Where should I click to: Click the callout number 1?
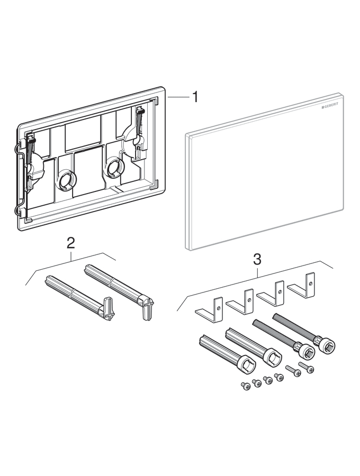point(195,97)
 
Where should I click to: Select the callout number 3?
point(257,260)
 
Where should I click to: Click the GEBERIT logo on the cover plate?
point(329,107)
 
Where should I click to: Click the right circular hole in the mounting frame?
point(114,168)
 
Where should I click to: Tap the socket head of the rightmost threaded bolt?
point(326,346)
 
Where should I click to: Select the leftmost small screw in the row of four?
point(246,386)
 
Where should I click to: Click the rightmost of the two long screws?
point(306,367)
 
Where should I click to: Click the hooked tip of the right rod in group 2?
point(146,307)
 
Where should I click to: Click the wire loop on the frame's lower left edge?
point(21,212)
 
